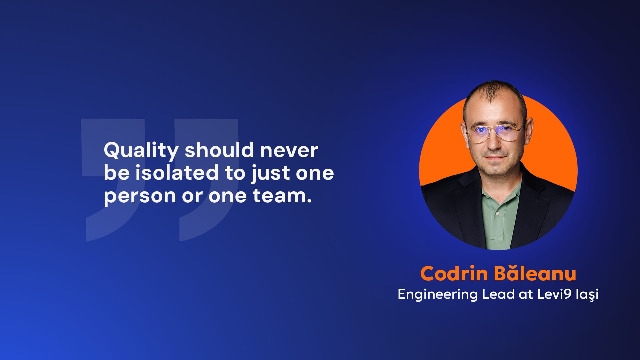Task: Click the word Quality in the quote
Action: (141, 151)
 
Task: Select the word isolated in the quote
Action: (177, 173)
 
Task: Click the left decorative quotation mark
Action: (113, 180)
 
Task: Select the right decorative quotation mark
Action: (207, 180)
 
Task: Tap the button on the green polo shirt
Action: (498, 214)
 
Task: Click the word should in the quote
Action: (219, 150)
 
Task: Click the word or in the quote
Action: (192, 196)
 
